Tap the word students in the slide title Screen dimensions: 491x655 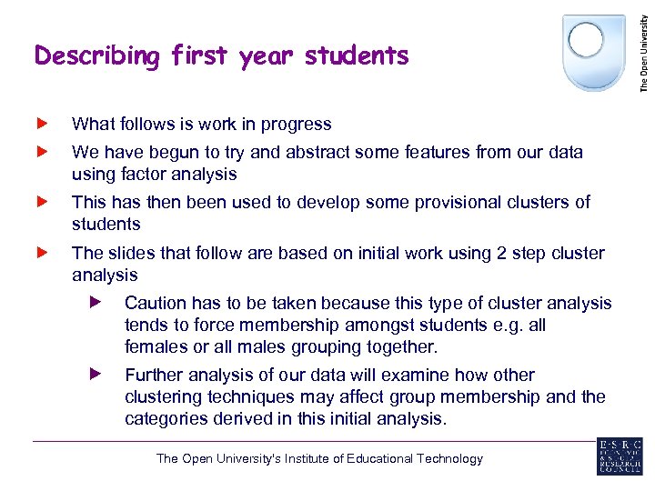pyautogui.click(x=358, y=56)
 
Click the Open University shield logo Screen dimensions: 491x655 pyautogui.click(x=594, y=51)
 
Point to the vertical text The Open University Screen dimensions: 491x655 pyautogui.click(x=644, y=47)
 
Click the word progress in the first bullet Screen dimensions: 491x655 pyautogui.click(x=298, y=125)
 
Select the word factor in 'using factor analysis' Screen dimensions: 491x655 pyautogui.click(x=136, y=174)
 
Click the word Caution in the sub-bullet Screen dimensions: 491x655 pyautogui.click(x=155, y=303)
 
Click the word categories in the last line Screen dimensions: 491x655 pyautogui.click(x=164, y=418)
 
